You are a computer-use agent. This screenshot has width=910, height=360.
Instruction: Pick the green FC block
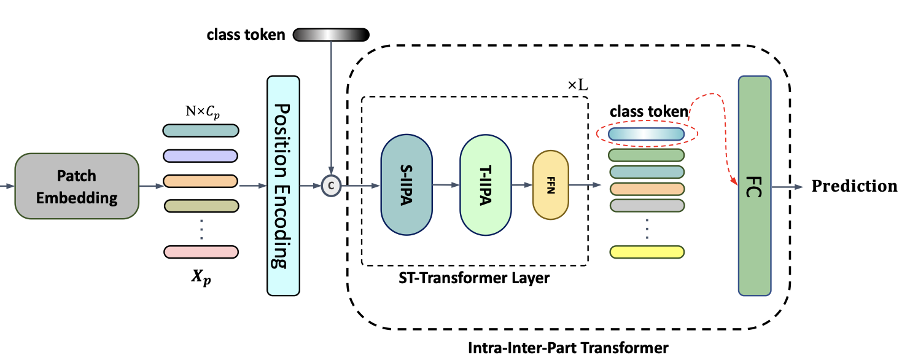(x=754, y=185)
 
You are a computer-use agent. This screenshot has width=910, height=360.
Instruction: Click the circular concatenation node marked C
(x=331, y=185)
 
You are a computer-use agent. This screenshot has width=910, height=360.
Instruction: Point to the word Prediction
(x=854, y=186)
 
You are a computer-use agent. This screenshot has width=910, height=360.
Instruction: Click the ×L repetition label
(x=577, y=85)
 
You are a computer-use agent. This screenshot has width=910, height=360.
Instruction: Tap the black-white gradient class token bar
(x=332, y=34)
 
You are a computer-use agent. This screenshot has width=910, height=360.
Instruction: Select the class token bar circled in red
(x=646, y=133)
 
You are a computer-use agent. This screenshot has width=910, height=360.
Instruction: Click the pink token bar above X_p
(x=201, y=251)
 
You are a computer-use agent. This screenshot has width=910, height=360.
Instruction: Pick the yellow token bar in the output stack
(x=647, y=251)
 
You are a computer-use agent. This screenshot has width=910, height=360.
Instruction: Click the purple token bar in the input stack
(x=201, y=155)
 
